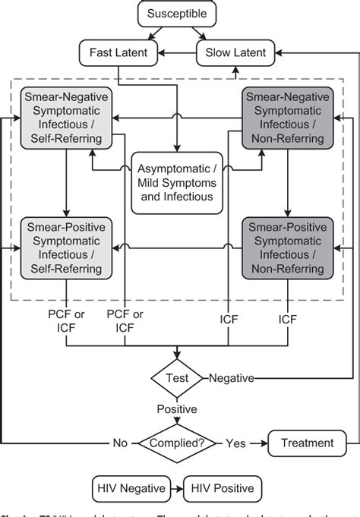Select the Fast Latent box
coord(118,52)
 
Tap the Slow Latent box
coord(232,52)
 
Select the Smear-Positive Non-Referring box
coord(287,247)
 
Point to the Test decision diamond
coord(178,377)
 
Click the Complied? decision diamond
coord(178,443)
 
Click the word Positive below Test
coord(178,409)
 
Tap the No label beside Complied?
coord(121,443)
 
